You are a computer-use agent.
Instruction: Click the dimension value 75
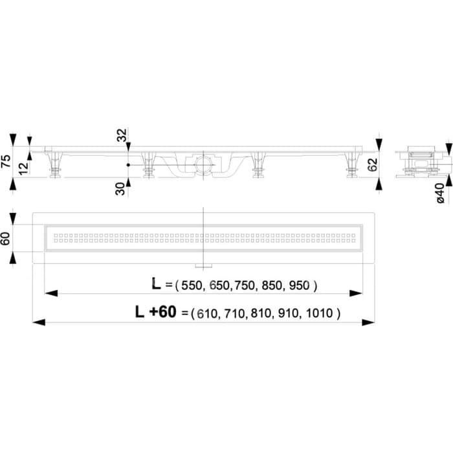pyautogui.click(x=6, y=161)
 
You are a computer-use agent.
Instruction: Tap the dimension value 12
pyautogui.click(x=24, y=168)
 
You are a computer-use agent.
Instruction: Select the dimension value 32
pyautogui.click(x=122, y=135)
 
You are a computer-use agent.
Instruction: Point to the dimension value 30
pyautogui.click(x=120, y=189)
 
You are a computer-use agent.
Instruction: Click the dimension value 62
pyautogui.click(x=373, y=165)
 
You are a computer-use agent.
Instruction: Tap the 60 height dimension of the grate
pyautogui.click(x=6, y=239)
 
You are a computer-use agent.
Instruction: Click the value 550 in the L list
pyautogui.click(x=191, y=286)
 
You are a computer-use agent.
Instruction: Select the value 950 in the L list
pyautogui.click(x=299, y=285)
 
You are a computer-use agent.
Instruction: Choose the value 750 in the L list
pyautogui.click(x=245, y=285)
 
